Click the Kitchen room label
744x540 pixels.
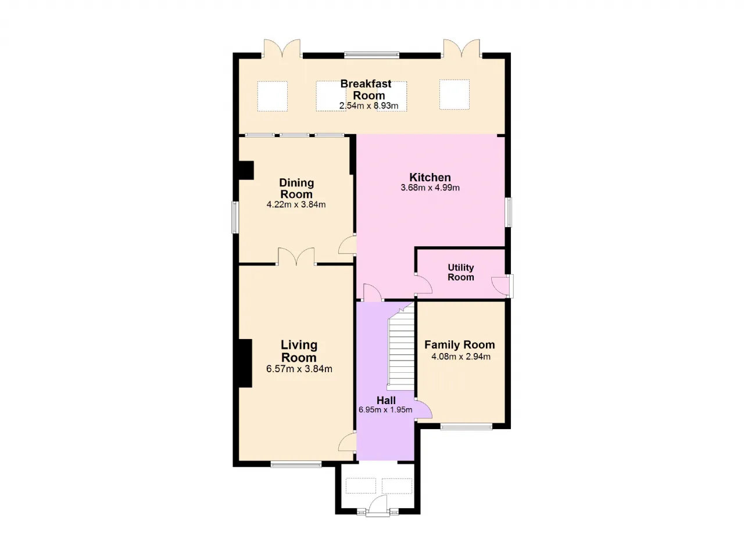pos(430,177)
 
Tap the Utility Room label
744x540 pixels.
pos(461,272)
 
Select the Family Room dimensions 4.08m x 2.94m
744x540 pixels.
pos(461,357)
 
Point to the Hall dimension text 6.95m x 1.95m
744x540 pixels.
pos(385,410)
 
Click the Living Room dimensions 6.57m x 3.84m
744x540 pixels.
pos(299,369)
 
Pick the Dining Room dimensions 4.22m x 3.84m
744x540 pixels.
pos(296,204)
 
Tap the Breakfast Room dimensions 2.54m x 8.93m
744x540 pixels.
pos(369,106)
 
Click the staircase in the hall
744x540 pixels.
pos(401,347)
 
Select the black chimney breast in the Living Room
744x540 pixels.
pos(245,363)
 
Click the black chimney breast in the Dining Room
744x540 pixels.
pos(246,171)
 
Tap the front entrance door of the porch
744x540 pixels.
pos(378,506)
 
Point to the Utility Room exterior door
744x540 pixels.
pos(502,286)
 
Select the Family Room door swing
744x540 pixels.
pos(424,409)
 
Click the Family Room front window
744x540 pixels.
pos(466,427)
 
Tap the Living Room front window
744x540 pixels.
pos(296,465)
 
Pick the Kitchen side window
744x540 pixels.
pos(508,213)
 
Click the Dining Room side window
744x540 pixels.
pos(235,217)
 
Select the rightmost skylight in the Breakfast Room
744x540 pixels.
pos(455,94)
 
